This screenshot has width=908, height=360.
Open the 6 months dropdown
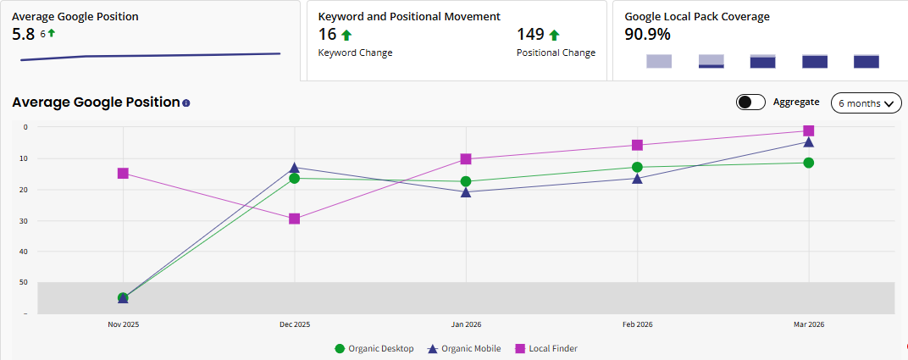(866, 103)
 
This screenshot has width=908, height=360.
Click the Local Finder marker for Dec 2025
(294, 219)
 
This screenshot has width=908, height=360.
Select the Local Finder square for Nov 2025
(123, 173)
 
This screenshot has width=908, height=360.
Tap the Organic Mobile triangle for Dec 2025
(294, 168)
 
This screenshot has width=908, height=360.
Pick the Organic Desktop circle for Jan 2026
(465, 181)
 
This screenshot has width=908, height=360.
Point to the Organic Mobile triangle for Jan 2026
(465, 192)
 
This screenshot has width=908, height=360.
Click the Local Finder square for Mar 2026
(808, 130)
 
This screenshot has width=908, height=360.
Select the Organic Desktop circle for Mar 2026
(808, 163)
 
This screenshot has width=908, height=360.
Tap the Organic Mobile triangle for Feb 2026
(637, 179)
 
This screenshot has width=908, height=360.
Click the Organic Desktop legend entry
(374, 348)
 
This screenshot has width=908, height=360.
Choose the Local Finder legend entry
(546, 348)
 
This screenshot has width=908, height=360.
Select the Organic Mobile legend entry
(464, 348)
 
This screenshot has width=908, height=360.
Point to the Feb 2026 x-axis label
(637, 324)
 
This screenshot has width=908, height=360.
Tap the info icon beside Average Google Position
(186, 103)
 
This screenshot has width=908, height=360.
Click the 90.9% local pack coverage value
(648, 35)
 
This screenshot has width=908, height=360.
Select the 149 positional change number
(530, 35)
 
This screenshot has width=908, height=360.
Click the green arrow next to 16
(346, 35)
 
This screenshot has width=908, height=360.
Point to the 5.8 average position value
(23, 34)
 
